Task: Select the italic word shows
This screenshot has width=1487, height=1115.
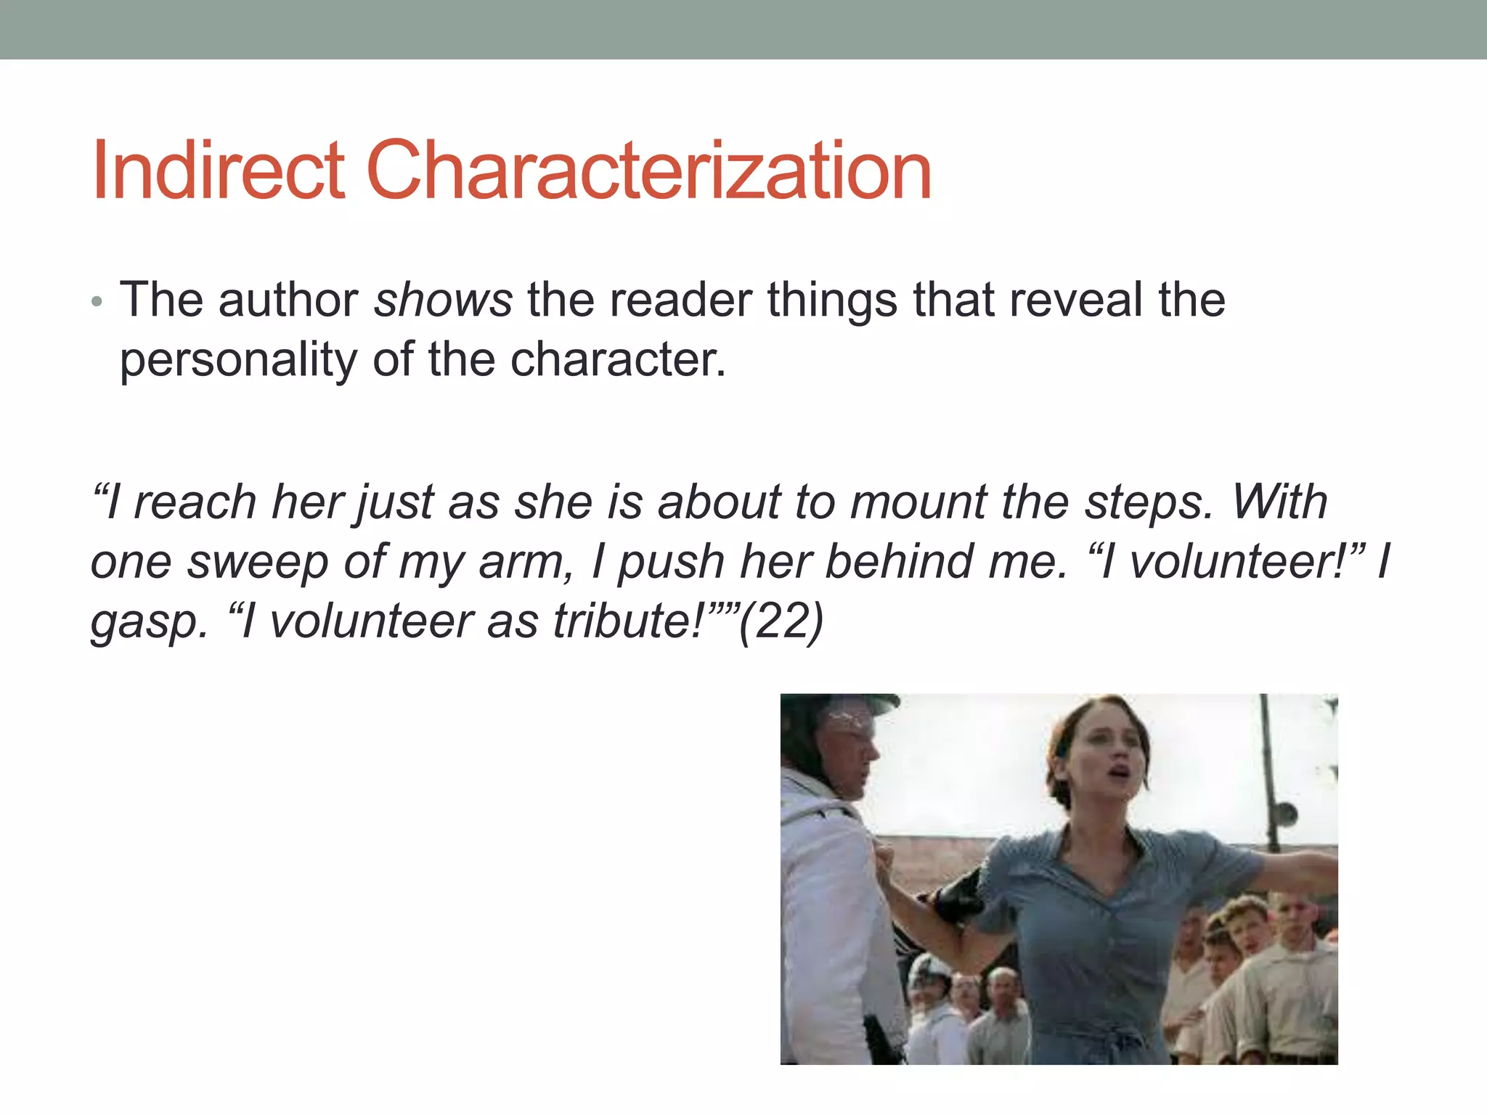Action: (x=443, y=300)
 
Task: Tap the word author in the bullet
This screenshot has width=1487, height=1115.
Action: (x=288, y=300)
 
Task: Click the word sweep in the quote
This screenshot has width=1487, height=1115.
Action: (x=258, y=563)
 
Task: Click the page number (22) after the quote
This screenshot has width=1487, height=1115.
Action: (x=781, y=621)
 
